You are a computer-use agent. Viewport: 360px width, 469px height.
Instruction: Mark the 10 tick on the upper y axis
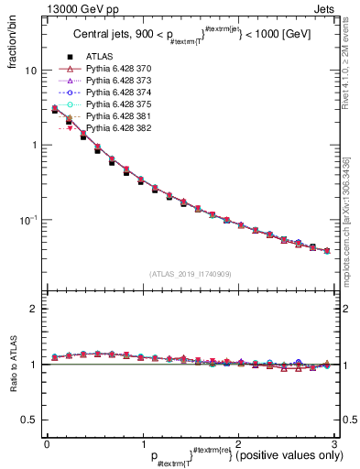tap(31, 71)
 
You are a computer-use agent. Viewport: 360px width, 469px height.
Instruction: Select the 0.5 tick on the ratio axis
tap(29, 420)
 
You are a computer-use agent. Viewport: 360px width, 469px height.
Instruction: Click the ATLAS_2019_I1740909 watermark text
tap(191, 274)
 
